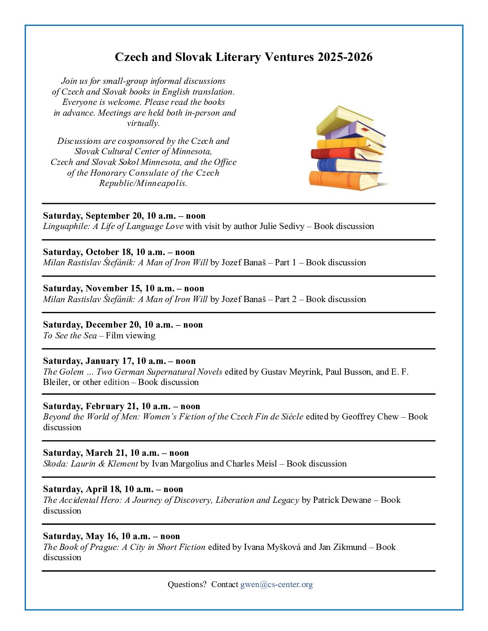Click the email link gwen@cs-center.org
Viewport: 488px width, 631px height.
coord(276,584)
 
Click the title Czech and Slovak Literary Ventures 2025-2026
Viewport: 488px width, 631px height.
coord(244,57)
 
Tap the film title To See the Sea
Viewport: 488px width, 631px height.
coord(70,336)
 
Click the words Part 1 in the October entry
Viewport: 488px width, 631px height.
coord(285,263)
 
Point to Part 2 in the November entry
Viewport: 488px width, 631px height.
coord(285,299)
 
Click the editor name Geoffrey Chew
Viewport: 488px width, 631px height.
coord(370,417)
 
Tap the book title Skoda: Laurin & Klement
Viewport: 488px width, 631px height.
coord(91,464)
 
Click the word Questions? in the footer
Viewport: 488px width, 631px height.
coord(187,584)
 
